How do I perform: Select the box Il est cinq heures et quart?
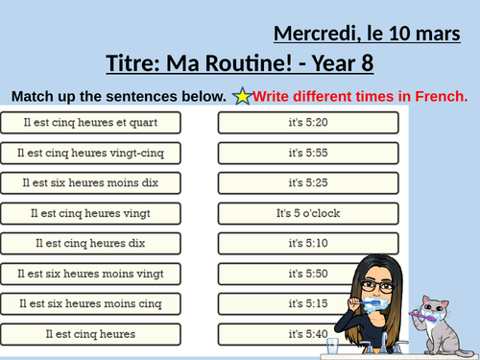coord(101,122)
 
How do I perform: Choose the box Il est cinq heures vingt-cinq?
coord(101,153)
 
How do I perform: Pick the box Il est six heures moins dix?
coord(101,182)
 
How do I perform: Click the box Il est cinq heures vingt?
coord(101,213)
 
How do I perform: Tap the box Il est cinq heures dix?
coord(101,243)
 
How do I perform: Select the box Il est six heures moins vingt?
coord(101,274)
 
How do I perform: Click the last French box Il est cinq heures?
coord(101,334)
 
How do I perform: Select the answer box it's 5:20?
coord(307,122)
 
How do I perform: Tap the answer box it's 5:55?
coord(307,153)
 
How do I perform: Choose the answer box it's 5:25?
coord(307,182)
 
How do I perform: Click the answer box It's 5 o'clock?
coord(307,213)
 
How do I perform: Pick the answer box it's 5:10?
coord(307,243)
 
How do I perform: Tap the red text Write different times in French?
coord(361,96)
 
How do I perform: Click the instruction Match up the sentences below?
coord(119,96)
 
